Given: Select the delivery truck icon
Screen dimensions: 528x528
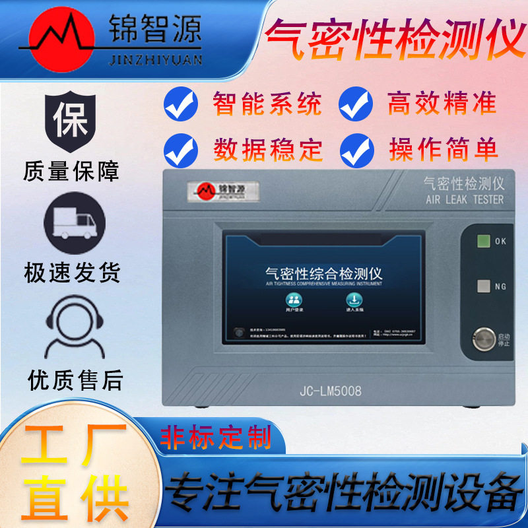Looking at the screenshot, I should [x=73, y=222].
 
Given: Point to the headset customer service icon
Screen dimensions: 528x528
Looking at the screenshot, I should [x=73, y=327].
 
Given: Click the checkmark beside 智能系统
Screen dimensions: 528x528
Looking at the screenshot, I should [x=180, y=103].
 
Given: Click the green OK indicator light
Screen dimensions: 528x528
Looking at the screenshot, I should [x=483, y=241].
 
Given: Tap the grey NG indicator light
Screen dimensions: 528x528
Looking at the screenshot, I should [x=483, y=286].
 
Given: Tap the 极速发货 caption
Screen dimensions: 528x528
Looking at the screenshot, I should [x=72, y=271].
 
